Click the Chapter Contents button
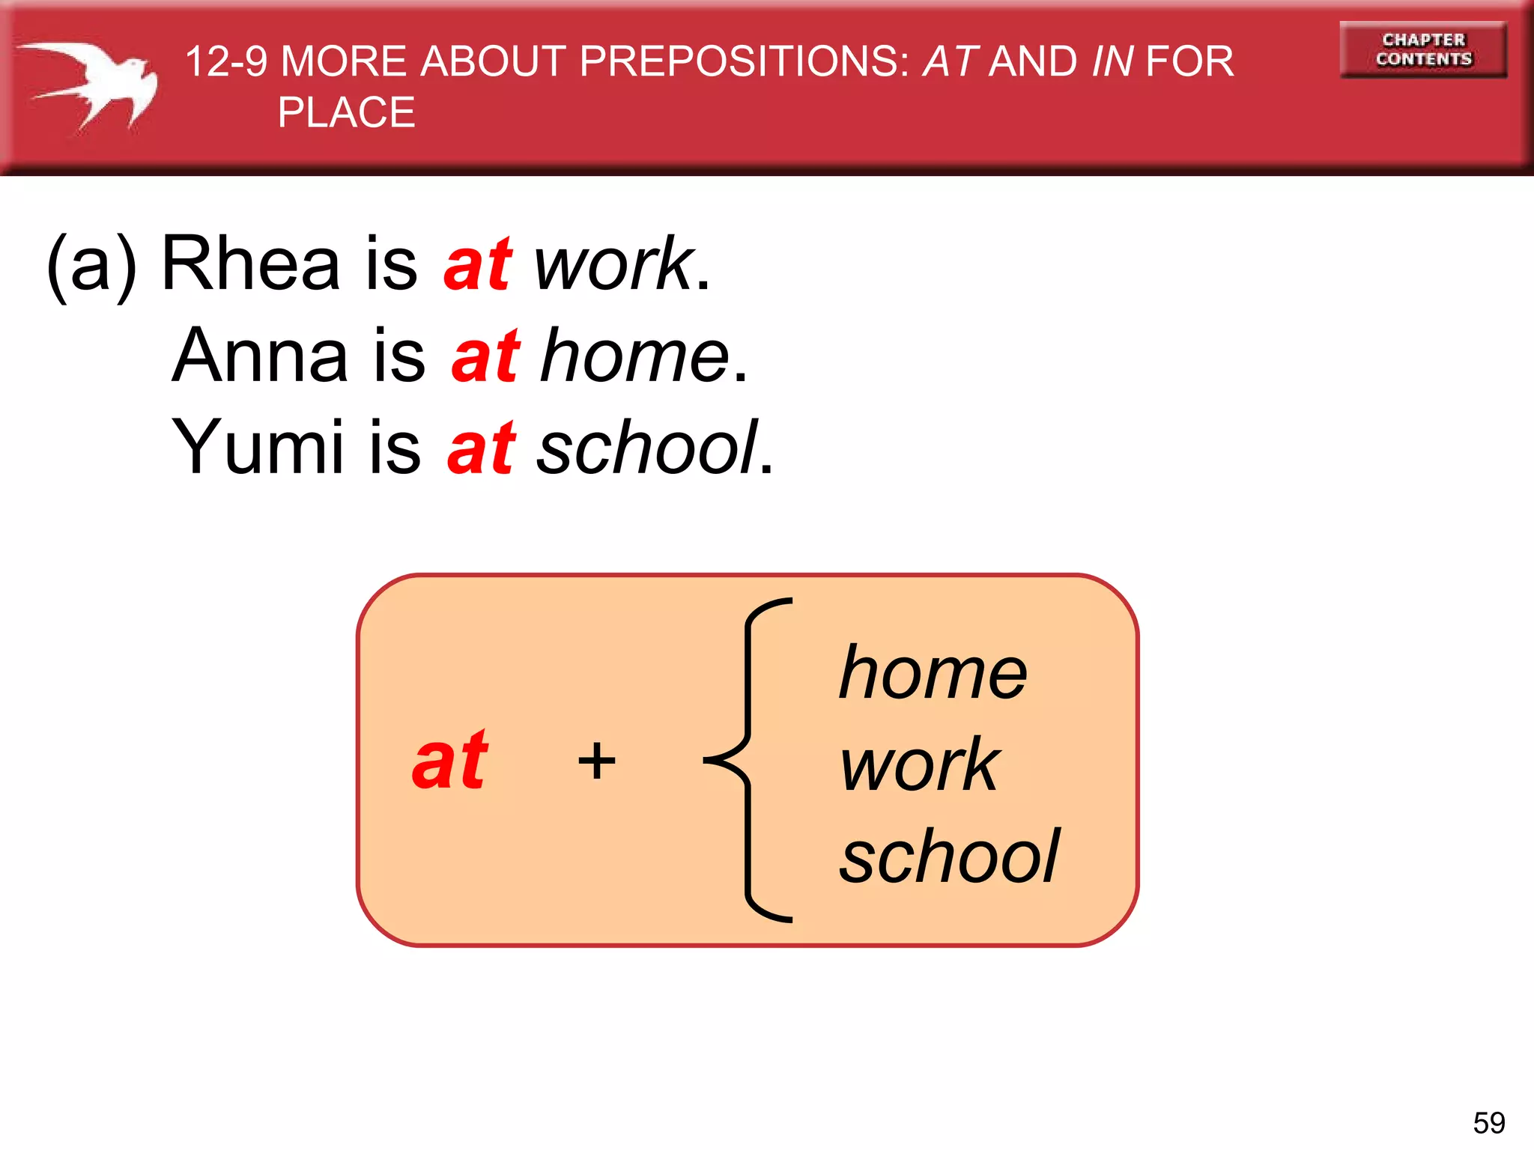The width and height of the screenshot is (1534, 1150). pyautogui.click(x=1422, y=49)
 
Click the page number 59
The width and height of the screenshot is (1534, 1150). pyautogui.click(x=1488, y=1122)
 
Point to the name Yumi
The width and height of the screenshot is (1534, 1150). pyautogui.click(x=258, y=447)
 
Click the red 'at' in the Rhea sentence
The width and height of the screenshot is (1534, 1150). pyautogui.click(x=477, y=265)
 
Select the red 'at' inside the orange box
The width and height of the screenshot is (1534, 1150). pyautogui.click(x=449, y=761)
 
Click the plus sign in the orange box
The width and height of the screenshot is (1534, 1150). pyautogui.click(x=597, y=761)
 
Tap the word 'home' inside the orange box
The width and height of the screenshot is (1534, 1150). pyautogui.click(x=933, y=673)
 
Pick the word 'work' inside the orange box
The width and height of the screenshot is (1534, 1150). pyautogui.click(x=919, y=764)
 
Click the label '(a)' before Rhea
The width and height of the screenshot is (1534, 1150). pyautogui.click(x=92, y=265)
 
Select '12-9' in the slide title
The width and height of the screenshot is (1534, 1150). pyautogui.click(x=225, y=61)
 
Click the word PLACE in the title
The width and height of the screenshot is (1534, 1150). pyautogui.click(x=346, y=112)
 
